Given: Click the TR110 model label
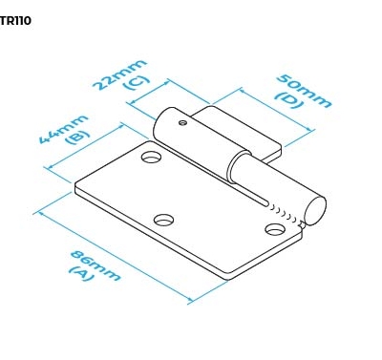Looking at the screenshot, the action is [15, 21].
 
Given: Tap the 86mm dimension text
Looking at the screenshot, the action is [95, 265].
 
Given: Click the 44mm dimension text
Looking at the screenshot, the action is [63, 128].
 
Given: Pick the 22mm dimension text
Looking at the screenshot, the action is [120, 74].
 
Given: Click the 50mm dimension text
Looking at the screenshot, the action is [304, 91].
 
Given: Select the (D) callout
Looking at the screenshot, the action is [288, 99].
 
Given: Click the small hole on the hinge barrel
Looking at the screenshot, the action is [182, 122].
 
